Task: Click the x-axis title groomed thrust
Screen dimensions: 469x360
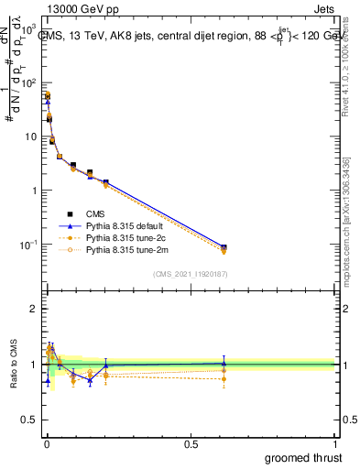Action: (303, 457)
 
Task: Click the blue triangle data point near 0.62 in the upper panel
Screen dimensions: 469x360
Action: (224, 246)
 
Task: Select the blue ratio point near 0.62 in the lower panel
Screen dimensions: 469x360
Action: (224, 363)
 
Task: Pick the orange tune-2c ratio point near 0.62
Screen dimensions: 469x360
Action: (224, 378)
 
